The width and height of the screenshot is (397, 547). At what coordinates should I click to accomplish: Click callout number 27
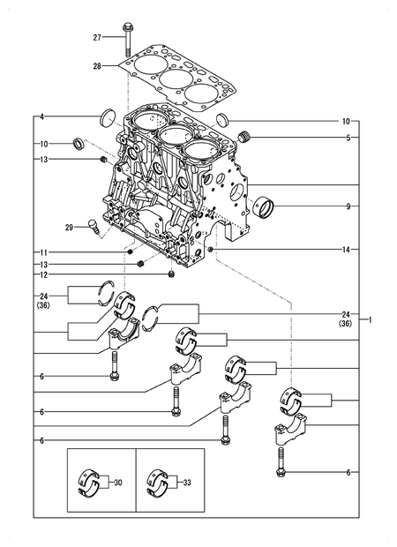click(x=98, y=37)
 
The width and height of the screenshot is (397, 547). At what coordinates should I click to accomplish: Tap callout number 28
click(x=98, y=66)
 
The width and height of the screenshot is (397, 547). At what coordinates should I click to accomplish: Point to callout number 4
click(x=41, y=117)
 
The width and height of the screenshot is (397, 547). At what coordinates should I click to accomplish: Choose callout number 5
click(x=347, y=138)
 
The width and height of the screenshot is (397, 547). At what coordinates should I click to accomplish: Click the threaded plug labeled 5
click(x=247, y=136)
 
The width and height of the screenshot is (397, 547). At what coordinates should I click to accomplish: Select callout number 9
click(x=347, y=206)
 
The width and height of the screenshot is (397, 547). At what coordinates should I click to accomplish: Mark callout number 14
click(x=347, y=250)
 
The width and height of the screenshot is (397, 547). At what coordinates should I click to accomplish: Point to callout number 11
click(x=41, y=253)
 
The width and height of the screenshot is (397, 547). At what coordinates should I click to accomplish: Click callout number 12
click(x=41, y=275)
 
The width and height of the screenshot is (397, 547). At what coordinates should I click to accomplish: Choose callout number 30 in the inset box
click(x=117, y=483)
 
